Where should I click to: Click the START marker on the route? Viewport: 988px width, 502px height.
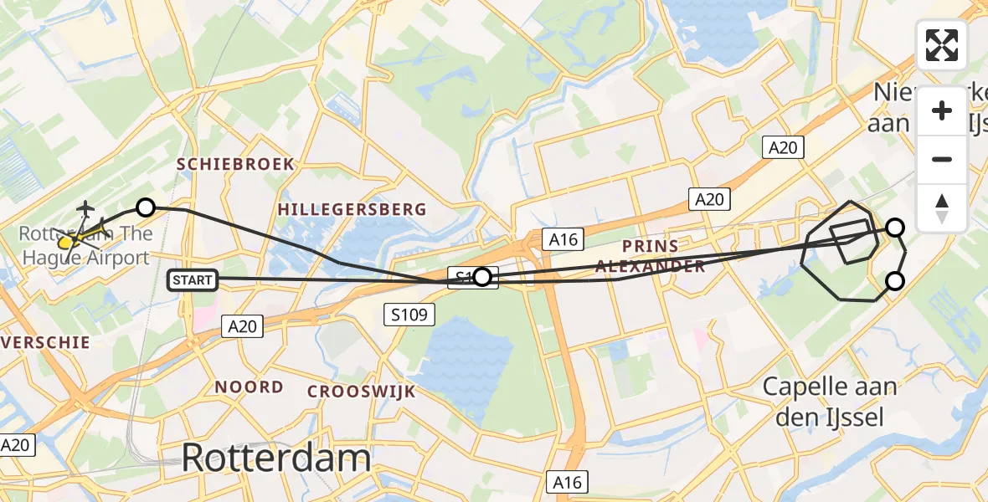click(x=193, y=280)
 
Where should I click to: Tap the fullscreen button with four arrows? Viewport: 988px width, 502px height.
click(x=942, y=45)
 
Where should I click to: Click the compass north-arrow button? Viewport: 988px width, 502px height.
click(x=942, y=208)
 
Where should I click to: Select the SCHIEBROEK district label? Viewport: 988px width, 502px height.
click(x=235, y=165)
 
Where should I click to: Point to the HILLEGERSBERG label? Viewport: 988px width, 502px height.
click(x=352, y=209)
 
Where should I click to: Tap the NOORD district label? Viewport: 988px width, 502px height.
click(x=249, y=387)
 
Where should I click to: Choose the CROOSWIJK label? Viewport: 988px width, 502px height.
click(x=361, y=392)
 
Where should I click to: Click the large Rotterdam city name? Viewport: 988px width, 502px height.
click(x=275, y=458)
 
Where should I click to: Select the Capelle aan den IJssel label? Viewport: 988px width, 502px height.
click(x=830, y=402)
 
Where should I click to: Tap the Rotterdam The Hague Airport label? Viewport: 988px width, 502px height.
click(x=86, y=244)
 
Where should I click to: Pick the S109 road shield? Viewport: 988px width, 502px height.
click(x=410, y=315)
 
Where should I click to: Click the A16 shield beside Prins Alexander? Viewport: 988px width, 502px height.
click(x=562, y=239)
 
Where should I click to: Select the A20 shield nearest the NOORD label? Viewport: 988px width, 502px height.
click(x=243, y=326)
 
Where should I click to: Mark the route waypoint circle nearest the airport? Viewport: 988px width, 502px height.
click(x=146, y=207)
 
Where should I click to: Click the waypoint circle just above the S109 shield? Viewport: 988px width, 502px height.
click(x=482, y=277)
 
